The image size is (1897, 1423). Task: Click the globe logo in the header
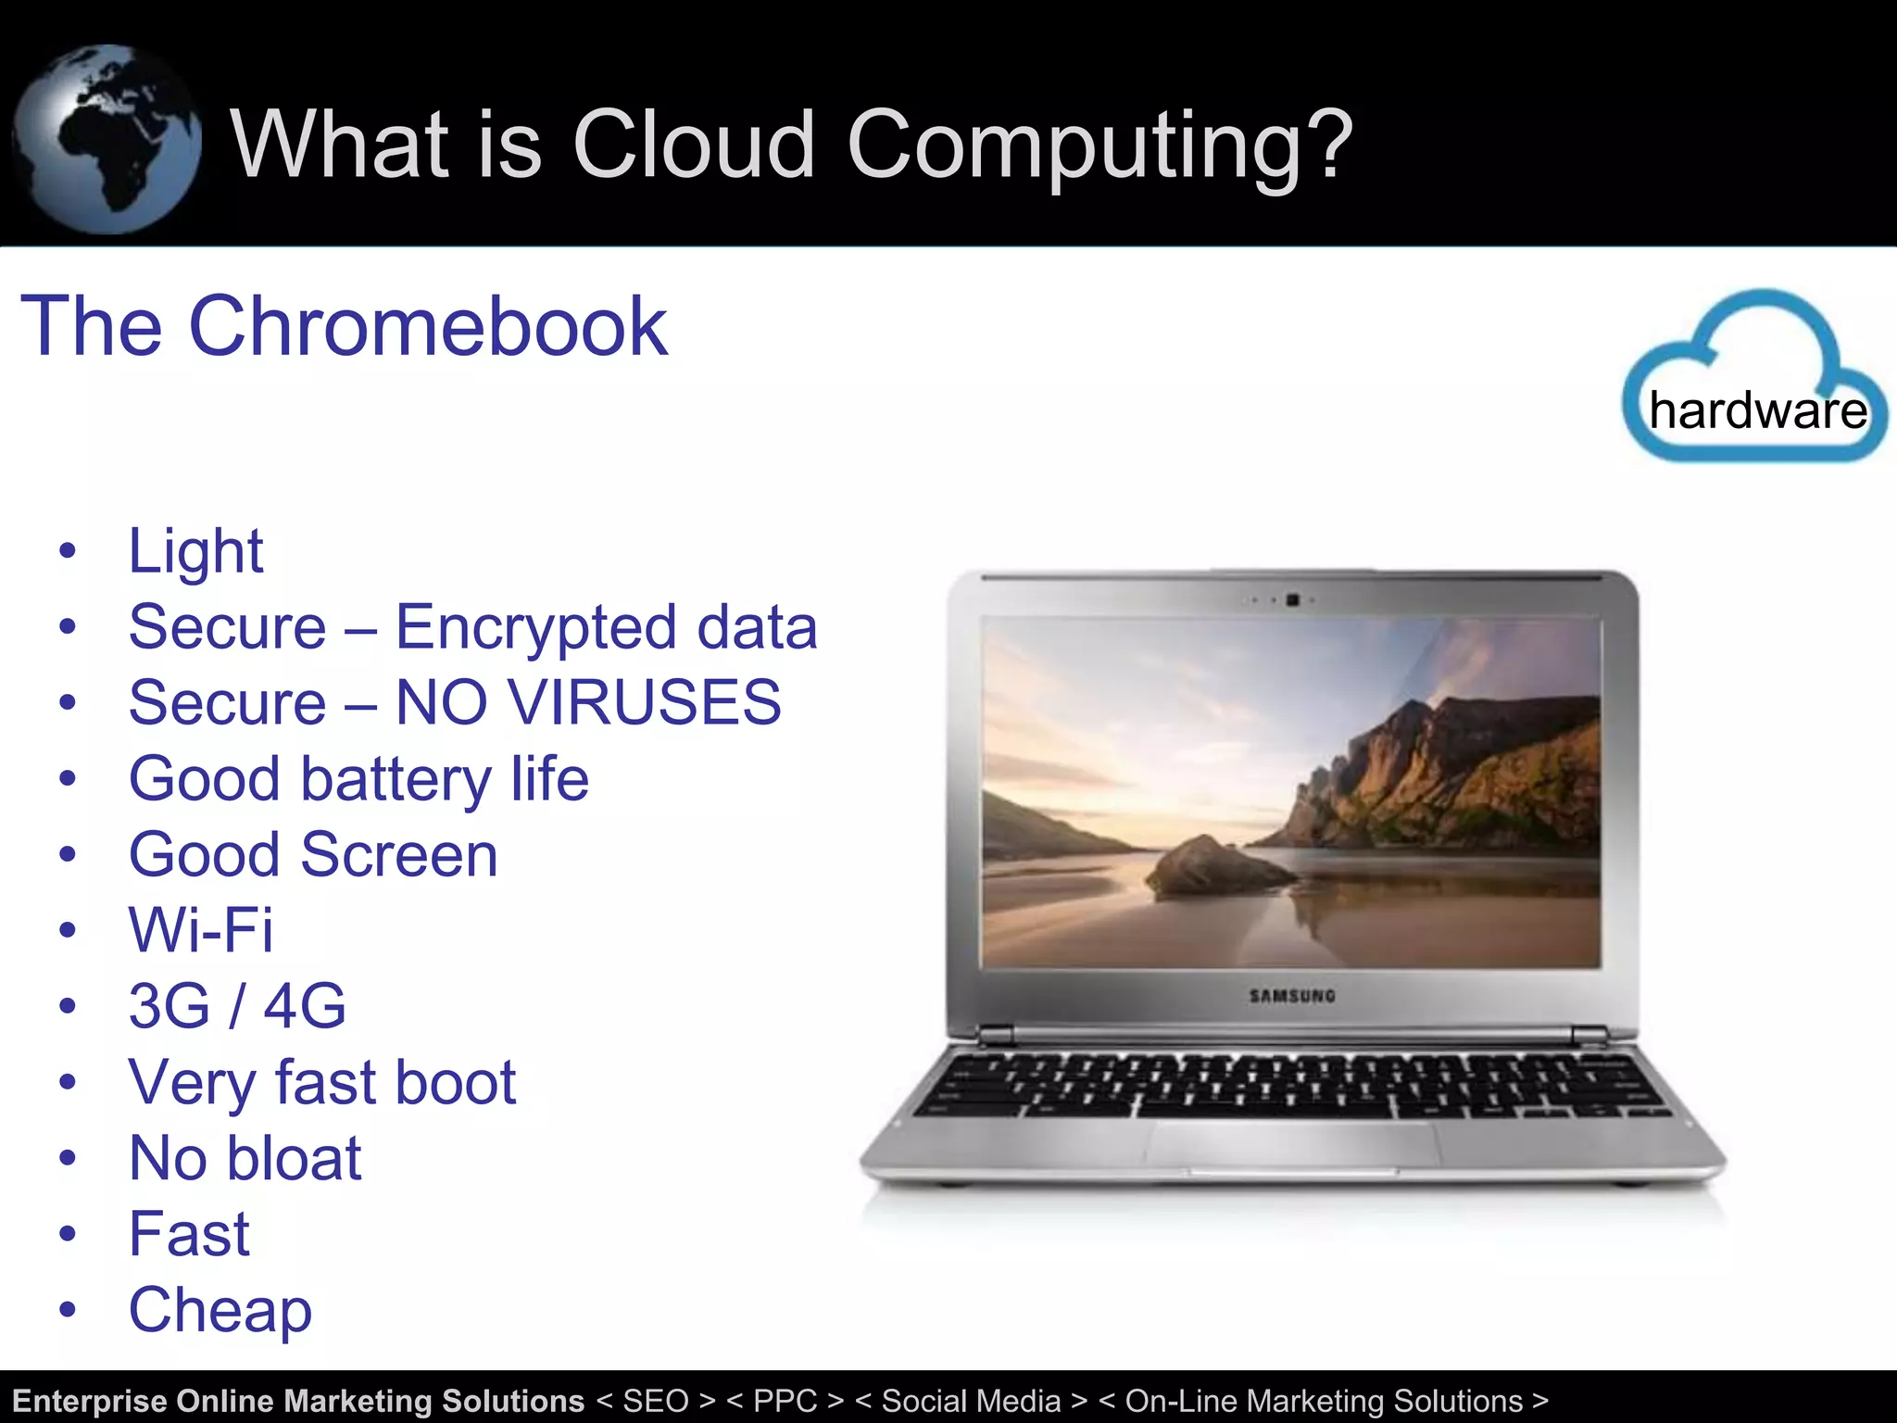pyautogui.click(x=107, y=139)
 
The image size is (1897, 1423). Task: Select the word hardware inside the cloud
pyautogui.click(x=1758, y=410)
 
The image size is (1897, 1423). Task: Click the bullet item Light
pyautogui.click(x=195, y=552)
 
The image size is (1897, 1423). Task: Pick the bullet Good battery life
pyautogui.click(x=358, y=779)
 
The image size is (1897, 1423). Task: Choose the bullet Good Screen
pyautogui.click(x=313, y=854)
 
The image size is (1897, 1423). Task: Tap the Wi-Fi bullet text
pyautogui.click(x=201, y=930)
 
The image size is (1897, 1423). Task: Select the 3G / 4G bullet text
pyautogui.click(x=237, y=1006)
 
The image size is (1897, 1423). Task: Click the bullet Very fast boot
pyautogui.click(x=321, y=1082)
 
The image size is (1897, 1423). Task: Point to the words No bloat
pyautogui.click(x=245, y=1158)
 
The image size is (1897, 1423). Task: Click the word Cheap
pyautogui.click(x=220, y=1310)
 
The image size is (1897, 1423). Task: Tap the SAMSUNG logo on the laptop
pyautogui.click(x=1292, y=997)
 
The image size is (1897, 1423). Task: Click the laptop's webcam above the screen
pyautogui.click(x=1293, y=600)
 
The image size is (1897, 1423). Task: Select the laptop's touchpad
pyautogui.click(x=1293, y=1147)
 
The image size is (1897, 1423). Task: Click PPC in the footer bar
pyautogui.click(x=785, y=1401)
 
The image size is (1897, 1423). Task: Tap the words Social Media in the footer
pyautogui.click(x=971, y=1401)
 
